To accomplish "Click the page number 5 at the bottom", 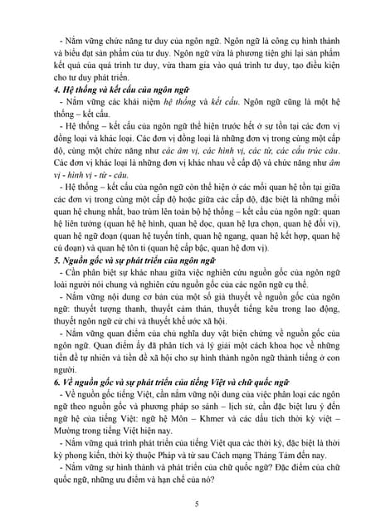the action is (196, 504).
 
